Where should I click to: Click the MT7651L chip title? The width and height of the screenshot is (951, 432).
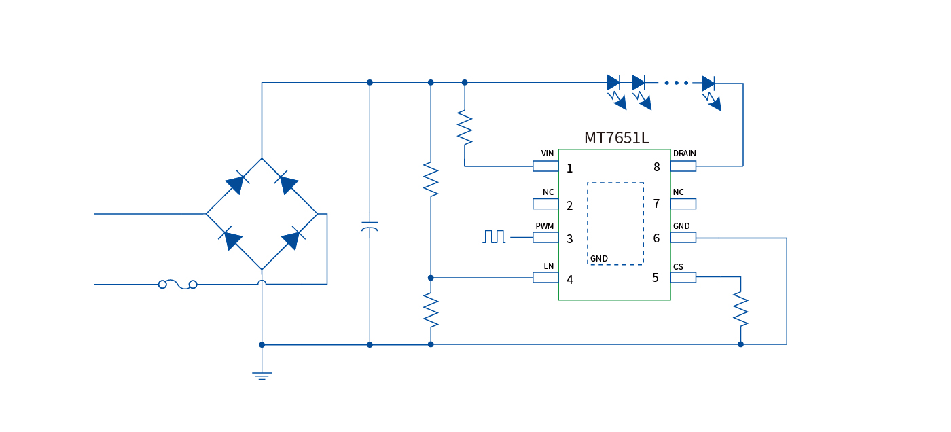616,138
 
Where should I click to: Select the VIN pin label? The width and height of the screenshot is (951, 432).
548,154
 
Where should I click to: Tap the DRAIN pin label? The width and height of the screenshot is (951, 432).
684,154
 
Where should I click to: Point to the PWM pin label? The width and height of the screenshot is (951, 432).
544,226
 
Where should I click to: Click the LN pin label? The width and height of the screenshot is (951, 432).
549,266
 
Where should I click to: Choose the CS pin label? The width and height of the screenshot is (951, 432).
678,266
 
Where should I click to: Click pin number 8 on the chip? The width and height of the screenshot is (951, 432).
656,167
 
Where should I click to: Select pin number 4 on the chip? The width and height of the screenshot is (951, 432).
570,279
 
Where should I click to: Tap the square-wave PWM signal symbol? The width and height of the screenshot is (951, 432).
494,236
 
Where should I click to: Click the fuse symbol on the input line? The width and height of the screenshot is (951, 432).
178,285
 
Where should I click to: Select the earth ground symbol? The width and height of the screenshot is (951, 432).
262,374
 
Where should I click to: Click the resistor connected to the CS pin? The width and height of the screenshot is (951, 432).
740,308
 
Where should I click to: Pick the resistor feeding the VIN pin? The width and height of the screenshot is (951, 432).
465,127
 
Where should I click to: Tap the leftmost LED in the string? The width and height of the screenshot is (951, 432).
613,84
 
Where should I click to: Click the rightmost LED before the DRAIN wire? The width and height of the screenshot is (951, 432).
708,84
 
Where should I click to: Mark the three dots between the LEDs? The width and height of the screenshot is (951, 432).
677,83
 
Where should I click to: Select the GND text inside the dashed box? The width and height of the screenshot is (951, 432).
599,259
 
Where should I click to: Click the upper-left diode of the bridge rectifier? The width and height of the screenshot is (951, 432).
234,184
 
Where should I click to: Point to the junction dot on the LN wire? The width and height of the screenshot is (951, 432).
431,278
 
